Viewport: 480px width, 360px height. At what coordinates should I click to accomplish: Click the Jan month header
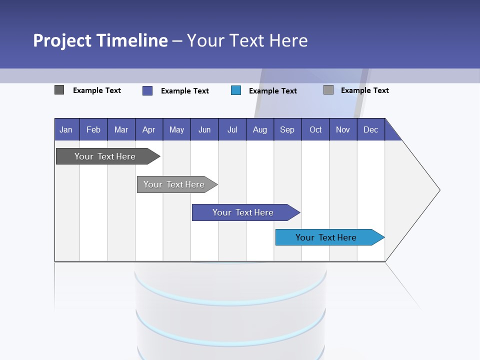tap(66, 129)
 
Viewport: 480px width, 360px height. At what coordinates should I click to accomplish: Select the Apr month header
tap(148, 129)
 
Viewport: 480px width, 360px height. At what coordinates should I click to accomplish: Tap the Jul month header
tap(232, 129)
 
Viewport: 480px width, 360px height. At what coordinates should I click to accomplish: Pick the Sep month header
tap(287, 129)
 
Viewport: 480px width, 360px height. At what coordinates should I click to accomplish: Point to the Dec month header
tap(370, 129)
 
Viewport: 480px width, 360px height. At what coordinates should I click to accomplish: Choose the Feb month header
tap(93, 129)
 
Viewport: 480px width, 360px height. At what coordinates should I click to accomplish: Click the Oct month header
tap(315, 129)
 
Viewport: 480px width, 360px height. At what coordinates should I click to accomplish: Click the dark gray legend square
tap(59, 90)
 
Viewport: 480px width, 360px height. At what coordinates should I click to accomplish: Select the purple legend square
tap(147, 90)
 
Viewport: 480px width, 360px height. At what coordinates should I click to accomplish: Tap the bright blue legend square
tap(236, 90)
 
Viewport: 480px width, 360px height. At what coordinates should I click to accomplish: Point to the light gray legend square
tap(328, 90)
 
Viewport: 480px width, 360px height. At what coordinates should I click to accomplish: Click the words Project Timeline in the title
tap(100, 40)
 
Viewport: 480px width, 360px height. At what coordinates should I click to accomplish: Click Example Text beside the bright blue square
tap(273, 90)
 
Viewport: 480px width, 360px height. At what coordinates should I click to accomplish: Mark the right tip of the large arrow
tap(439, 190)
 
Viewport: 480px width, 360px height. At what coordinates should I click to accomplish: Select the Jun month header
tap(204, 129)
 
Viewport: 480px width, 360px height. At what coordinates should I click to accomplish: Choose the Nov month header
tap(343, 129)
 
